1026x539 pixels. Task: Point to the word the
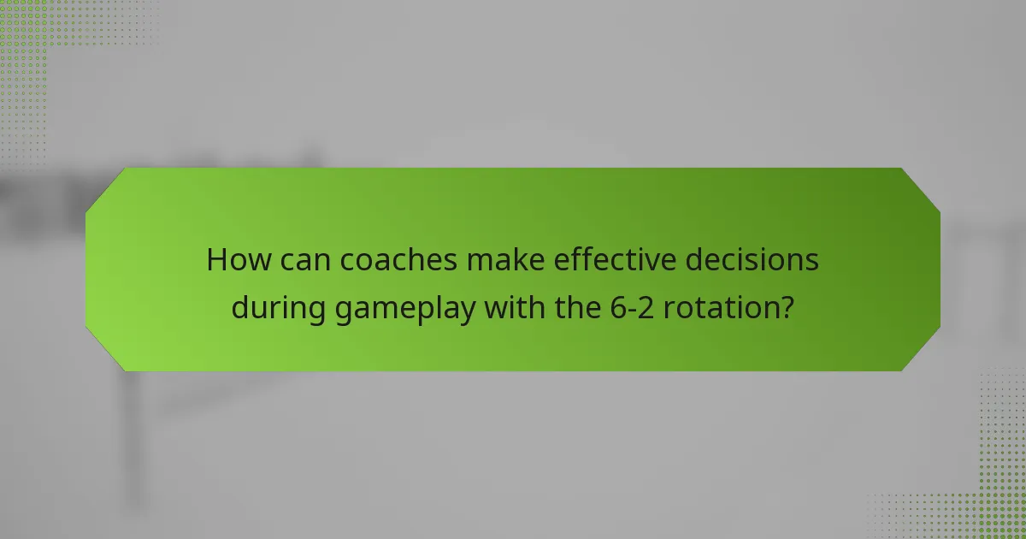[574, 307]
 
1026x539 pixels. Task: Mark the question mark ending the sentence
[786, 307]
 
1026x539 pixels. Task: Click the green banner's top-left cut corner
[104, 187]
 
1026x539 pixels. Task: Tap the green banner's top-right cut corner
[921, 187]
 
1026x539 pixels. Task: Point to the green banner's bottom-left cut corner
[104, 352]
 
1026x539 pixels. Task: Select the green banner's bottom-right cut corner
[921, 352]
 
